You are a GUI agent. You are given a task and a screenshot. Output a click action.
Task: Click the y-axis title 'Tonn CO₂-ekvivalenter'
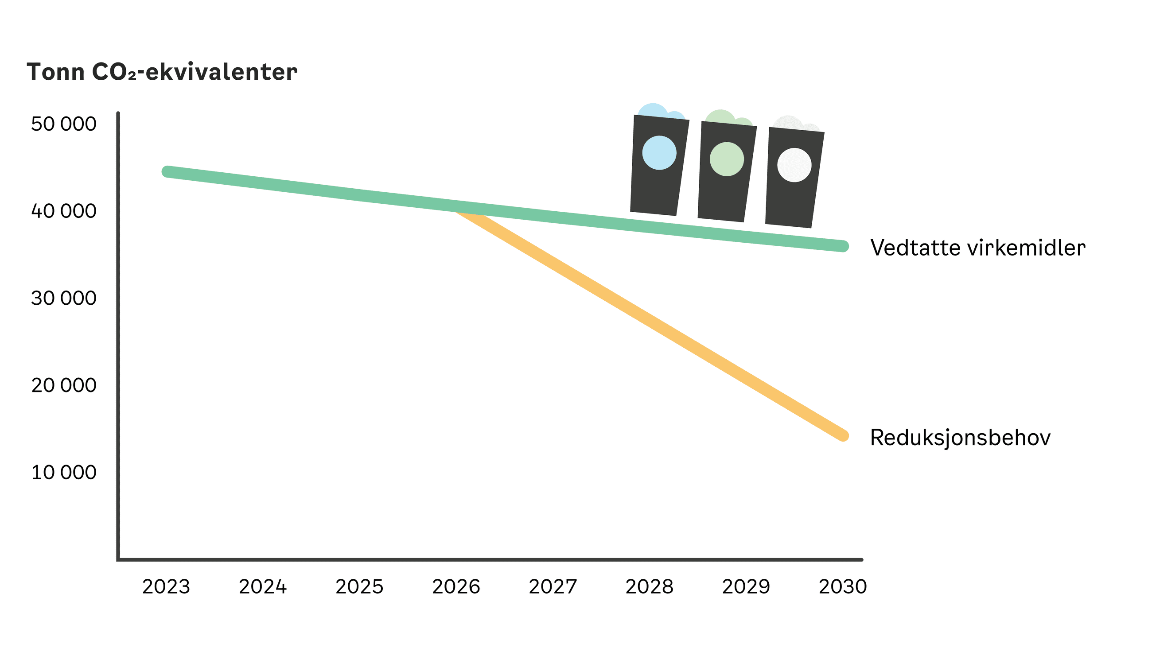[162, 72]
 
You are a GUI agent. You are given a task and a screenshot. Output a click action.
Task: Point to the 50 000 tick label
[63, 124]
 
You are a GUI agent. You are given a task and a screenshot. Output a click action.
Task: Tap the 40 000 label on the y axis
[63, 211]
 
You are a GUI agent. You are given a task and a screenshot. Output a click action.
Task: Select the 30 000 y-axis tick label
[63, 298]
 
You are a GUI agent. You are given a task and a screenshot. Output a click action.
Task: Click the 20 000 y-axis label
[63, 385]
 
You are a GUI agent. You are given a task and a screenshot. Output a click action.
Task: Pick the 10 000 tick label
[63, 473]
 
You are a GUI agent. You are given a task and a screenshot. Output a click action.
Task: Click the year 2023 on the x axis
[166, 587]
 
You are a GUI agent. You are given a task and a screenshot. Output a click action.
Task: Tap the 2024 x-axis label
[262, 587]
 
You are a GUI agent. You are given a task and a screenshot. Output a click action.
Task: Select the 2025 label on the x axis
[359, 587]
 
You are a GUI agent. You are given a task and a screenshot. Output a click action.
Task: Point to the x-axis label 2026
[456, 587]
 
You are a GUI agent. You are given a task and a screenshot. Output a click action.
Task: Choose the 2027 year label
[553, 587]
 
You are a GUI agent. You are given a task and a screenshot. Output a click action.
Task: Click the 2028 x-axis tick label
[650, 587]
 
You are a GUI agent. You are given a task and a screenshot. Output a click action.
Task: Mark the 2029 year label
[746, 587]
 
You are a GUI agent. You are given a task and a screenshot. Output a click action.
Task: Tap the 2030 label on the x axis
[843, 587]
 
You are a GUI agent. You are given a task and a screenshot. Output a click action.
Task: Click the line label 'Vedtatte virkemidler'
[977, 248]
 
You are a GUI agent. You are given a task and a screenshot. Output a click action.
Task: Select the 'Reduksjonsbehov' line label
[960, 437]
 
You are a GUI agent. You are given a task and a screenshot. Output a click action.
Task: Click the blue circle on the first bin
[659, 153]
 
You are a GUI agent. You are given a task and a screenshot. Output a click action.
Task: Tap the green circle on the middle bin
[727, 159]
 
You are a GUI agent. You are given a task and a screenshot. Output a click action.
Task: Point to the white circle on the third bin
[794, 165]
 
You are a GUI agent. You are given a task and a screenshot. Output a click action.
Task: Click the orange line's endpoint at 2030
[843, 435]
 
